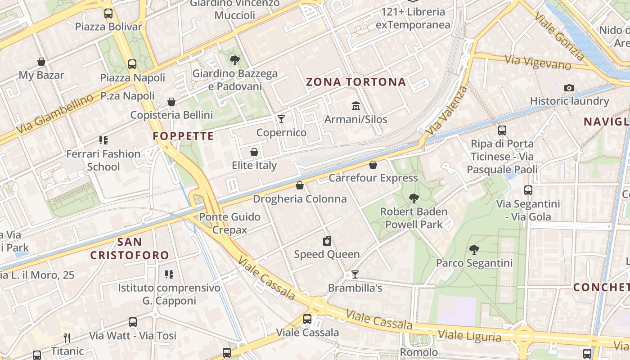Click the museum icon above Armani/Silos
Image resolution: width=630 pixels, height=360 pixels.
click(356, 106)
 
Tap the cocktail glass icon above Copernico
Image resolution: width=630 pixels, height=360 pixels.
click(281, 119)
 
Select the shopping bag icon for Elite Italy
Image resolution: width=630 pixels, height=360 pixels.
click(254, 152)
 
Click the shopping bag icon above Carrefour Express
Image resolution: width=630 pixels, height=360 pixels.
click(373, 165)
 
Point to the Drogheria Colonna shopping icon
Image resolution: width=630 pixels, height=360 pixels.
click(300, 185)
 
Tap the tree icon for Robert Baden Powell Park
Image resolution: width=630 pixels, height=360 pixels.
click(414, 198)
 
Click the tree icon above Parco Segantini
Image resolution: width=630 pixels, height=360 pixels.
click(474, 249)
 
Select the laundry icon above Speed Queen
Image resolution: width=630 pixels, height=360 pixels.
click(327, 241)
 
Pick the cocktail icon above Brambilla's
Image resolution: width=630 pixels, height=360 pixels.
click(355, 274)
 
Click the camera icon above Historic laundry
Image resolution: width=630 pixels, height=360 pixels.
click(569, 88)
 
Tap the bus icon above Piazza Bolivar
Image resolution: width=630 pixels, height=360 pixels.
click(108, 13)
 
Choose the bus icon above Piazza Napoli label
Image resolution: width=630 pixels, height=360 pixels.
click(132, 64)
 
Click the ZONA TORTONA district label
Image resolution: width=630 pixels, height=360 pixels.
click(356, 82)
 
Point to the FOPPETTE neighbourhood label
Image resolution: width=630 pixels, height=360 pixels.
click(183, 136)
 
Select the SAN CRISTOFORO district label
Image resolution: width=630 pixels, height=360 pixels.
click(130, 248)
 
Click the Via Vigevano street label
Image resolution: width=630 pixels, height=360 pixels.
click(538, 62)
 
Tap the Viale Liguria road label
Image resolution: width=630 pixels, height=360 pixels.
click(469, 336)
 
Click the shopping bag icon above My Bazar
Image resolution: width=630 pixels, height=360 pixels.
click(41, 62)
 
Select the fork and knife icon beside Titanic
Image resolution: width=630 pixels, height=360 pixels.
click(67, 337)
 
